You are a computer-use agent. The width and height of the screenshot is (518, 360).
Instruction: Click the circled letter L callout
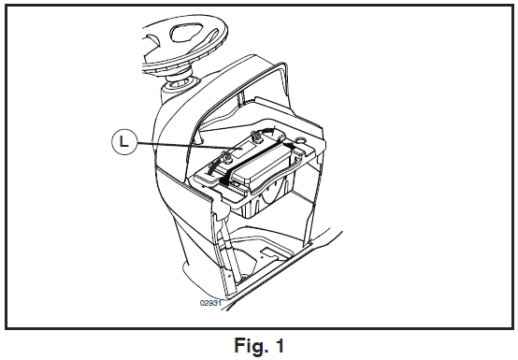click(x=123, y=142)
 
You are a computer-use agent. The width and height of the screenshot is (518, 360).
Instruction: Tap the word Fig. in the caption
click(x=250, y=347)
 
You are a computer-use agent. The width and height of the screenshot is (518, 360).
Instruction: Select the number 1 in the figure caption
click(x=280, y=345)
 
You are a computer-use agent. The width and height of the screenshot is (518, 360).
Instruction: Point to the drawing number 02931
click(x=209, y=303)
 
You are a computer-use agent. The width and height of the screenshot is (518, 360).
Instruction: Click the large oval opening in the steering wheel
click(x=185, y=32)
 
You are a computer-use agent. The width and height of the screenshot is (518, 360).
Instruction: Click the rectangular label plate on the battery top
click(x=243, y=151)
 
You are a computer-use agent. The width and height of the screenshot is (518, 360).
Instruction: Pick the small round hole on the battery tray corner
click(x=301, y=140)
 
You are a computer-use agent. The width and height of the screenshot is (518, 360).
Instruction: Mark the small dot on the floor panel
click(x=262, y=255)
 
